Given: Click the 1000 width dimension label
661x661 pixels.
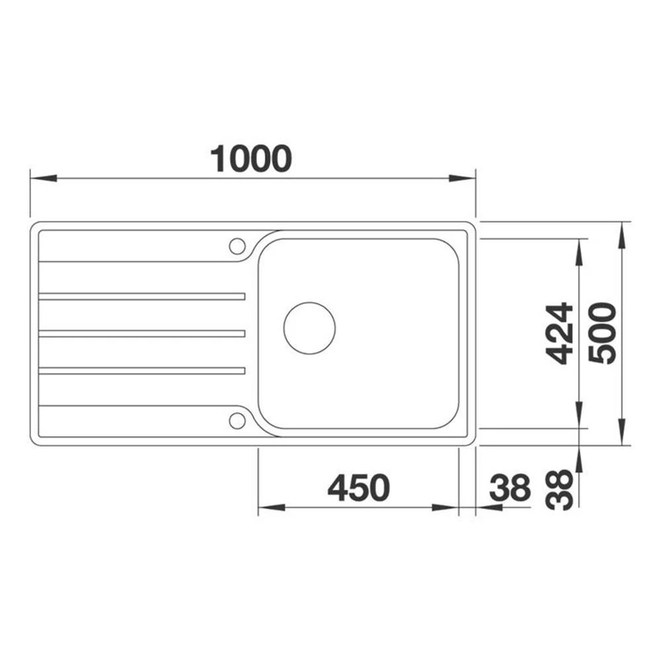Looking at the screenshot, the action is point(251,159).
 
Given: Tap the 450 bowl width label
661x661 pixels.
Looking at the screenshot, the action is point(359,488).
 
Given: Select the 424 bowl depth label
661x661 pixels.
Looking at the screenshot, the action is point(559,333).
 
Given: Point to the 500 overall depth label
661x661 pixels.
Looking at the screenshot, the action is point(602,333).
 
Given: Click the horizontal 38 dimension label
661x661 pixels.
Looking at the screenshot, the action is point(510,488).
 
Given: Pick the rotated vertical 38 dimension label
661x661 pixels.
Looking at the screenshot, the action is point(559,490).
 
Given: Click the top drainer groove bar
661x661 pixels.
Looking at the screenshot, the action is point(141,296).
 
